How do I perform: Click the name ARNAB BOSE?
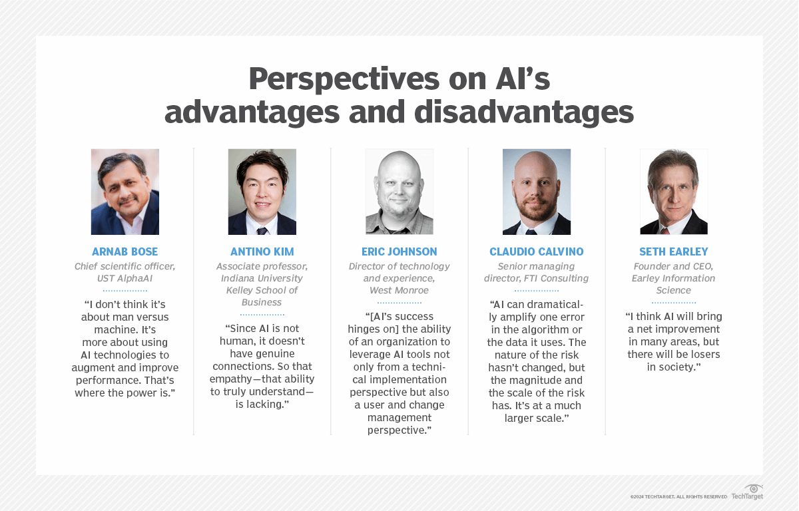click(x=125, y=252)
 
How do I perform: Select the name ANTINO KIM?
click(x=262, y=252)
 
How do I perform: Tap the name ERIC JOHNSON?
click(x=399, y=252)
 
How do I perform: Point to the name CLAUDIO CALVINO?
click(x=537, y=252)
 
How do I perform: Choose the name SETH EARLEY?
click(x=673, y=252)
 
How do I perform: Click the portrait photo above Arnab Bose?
click(x=125, y=192)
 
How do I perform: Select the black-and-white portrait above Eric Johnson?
click(x=399, y=192)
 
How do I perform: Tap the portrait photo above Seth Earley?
click(x=674, y=192)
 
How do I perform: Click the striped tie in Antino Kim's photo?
click(x=262, y=231)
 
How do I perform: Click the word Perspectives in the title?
click(x=344, y=79)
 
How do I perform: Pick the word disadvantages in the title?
click(x=524, y=112)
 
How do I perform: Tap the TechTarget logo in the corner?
click(x=747, y=492)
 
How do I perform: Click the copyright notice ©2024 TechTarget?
click(x=678, y=496)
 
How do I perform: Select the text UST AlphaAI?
click(x=125, y=278)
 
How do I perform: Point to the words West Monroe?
click(x=399, y=290)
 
